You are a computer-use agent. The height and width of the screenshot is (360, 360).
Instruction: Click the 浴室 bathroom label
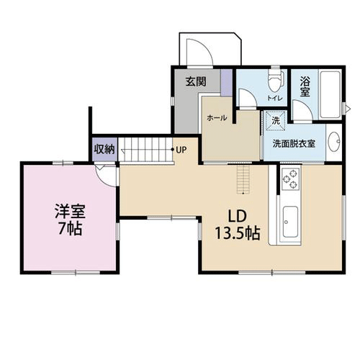(x=304, y=88)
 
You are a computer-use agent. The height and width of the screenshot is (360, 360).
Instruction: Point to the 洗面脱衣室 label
(x=293, y=143)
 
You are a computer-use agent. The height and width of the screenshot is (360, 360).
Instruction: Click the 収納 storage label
(x=104, y=150)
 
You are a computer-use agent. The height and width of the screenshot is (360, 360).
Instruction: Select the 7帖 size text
(x=70, y=230)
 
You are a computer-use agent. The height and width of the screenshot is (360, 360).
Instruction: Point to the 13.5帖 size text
(x=237, y=233)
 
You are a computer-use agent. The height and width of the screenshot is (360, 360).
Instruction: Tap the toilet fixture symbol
(x=274, y=82)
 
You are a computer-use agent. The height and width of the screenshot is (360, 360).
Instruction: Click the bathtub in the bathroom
(x=330, y=95)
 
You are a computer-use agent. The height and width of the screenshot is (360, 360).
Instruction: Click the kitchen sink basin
(x=289, y=224)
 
